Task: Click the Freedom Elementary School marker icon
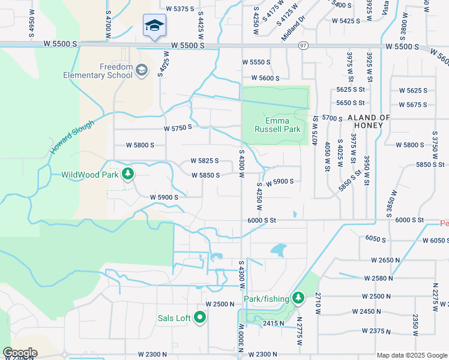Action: point(142,70)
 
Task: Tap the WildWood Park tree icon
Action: point(127,175)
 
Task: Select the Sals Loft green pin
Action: point(200,317)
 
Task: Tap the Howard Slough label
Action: point(72,137)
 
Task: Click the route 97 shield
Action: point(303,46)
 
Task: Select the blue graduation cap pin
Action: point(154,26)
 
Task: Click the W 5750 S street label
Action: point(178,127)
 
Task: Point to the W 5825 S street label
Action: point(204,161)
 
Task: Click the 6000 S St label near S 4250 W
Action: point(261,220)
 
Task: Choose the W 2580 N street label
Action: point(378,278)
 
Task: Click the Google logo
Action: point(20,352)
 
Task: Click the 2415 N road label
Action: point(273,323)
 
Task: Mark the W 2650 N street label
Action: point(385,260)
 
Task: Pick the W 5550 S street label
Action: point(256,62)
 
